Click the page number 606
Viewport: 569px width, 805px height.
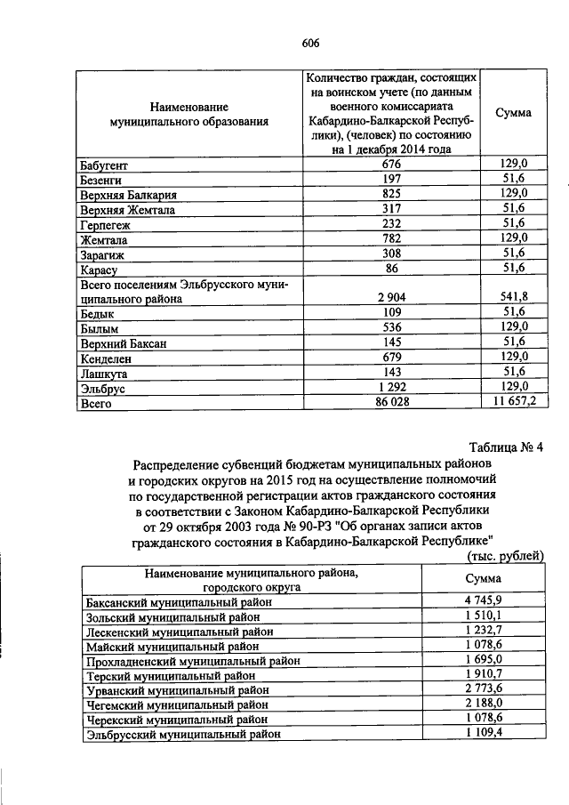coord(309,43)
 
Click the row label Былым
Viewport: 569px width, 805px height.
coord(100,328)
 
